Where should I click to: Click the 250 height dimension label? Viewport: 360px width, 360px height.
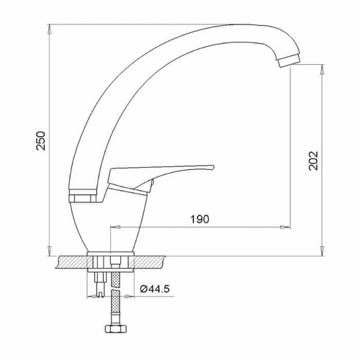click(40, 140)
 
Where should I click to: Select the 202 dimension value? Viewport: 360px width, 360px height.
click(313, 161)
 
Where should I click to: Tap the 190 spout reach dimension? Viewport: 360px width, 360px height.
click(199, 219)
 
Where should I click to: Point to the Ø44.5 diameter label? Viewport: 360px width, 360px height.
click(155, 289)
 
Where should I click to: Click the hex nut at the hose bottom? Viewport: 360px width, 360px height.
click(116, 328)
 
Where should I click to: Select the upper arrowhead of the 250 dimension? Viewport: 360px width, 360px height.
click(50, 29)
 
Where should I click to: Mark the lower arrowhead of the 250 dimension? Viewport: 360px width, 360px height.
click(50, 251)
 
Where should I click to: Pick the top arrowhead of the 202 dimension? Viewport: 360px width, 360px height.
click(323, 69)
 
